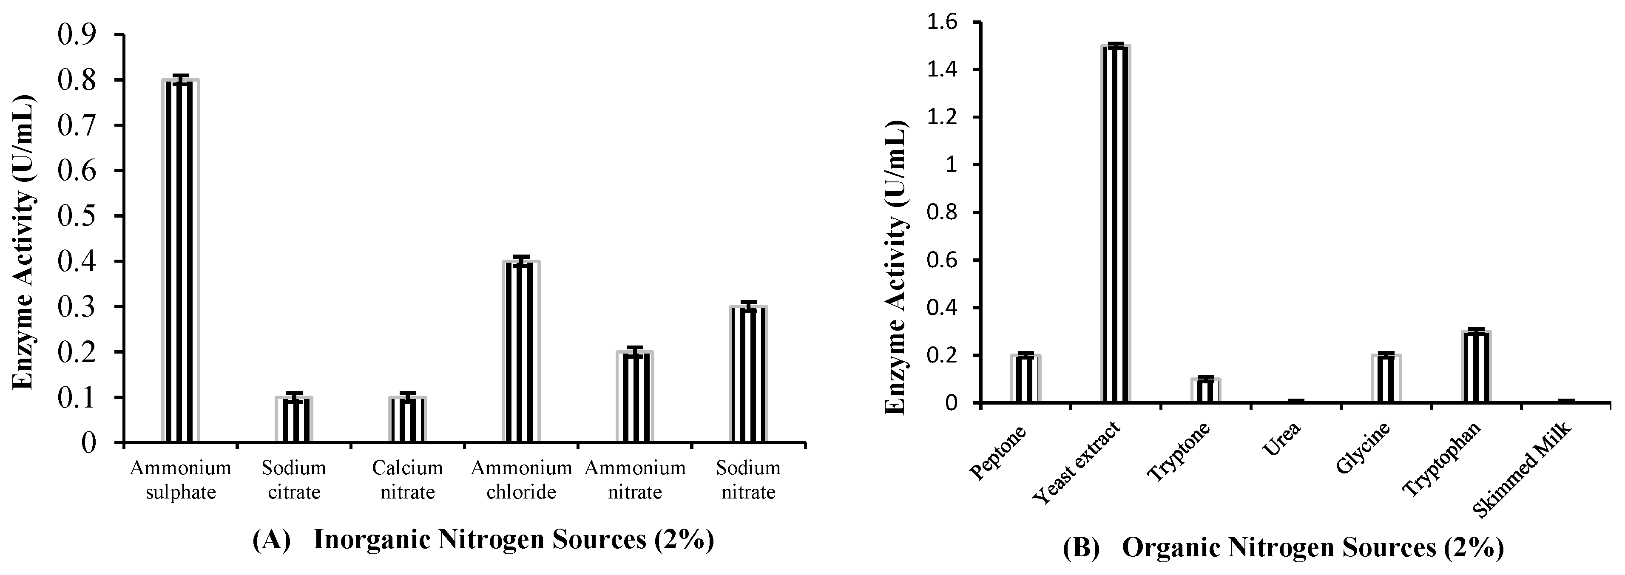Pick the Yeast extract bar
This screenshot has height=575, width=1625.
click(1116, 224)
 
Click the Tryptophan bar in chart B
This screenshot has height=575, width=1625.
click(1476, 367)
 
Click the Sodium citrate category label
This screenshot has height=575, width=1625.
click(294, 480)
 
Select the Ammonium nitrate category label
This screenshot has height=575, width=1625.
click(635, 480)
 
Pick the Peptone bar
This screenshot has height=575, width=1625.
click(1025, 379)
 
